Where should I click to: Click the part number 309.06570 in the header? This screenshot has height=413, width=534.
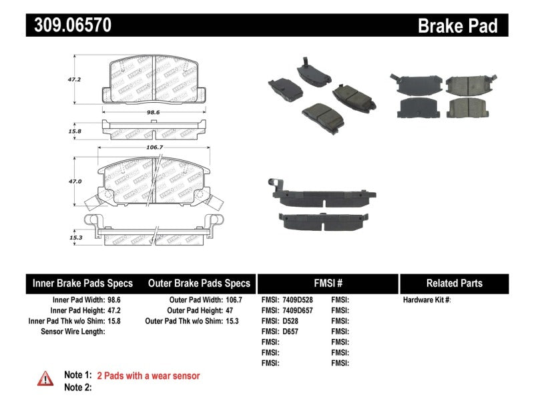click(x=69, y=25)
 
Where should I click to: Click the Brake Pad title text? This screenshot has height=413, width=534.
click(x=457, y=25)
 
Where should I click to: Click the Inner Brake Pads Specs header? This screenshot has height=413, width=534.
click(x=83, y=283)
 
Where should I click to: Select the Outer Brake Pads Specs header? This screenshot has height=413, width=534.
click(x=198, y=283)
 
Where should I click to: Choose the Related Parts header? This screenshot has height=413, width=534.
click(x=454, y=283)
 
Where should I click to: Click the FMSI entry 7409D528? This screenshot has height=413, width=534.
click(x=292, y=300)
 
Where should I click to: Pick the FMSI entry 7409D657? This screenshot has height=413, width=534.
click(x=292, y=311)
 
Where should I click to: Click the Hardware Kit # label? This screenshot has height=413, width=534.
click(x=427, y=300)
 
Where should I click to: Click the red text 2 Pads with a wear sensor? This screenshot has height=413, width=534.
click(x=148, y=376)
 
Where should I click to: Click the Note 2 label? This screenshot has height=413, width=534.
click(x=77, y=387)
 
